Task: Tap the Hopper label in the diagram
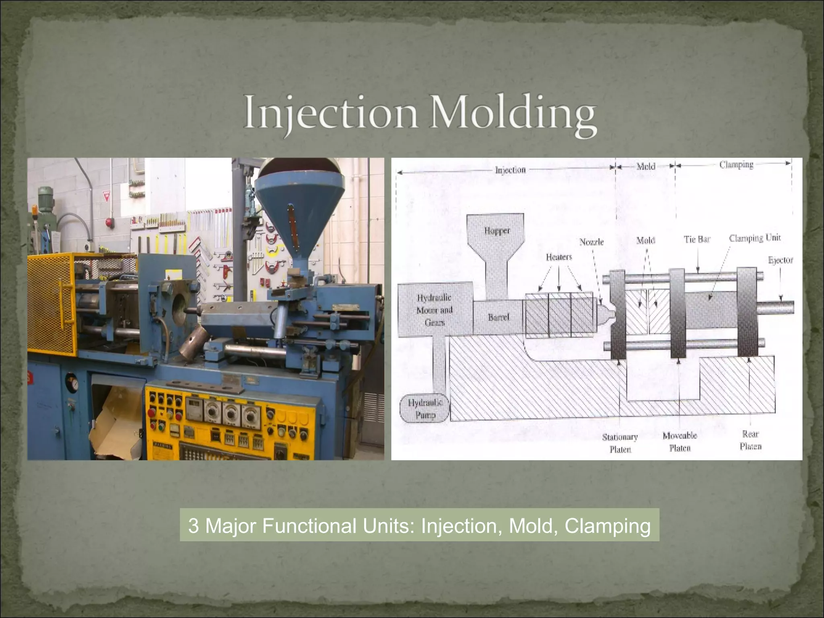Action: coord(497,231)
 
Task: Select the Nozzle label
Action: coord(591,242)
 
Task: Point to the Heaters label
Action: coord(559,257)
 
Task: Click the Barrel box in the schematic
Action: coord(499,317)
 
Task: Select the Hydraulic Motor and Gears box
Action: coord(435,310)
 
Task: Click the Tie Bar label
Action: coord(697,239)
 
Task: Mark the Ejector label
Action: coord(780,260)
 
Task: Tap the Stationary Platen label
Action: coord(620,443)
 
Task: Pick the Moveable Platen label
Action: coord(680,441)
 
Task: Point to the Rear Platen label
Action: coord(750,440)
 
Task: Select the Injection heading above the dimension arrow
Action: coord(510,170)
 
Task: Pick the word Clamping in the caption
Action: coord(608,526)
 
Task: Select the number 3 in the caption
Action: coord(194,526)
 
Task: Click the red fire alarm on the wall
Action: coord(108,222)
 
